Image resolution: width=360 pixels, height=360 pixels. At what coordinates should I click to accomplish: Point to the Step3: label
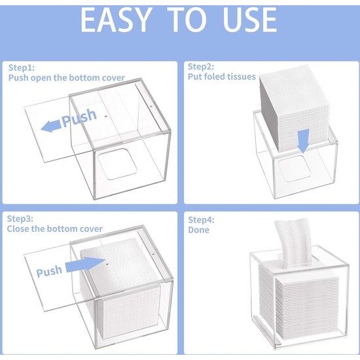point(20,218)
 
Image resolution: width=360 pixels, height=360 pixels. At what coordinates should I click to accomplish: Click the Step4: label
point(201,219)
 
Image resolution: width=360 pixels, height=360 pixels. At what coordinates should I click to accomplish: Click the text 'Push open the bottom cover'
point(66,78)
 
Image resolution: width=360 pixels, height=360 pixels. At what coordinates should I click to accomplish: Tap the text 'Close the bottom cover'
point(55,229)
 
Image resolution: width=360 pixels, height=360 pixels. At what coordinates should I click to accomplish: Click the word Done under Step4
point(199,230)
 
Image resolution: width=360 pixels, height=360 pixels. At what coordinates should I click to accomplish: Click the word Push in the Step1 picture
point(81,120)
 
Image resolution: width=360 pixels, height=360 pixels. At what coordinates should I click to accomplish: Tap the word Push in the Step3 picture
point(49,271)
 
